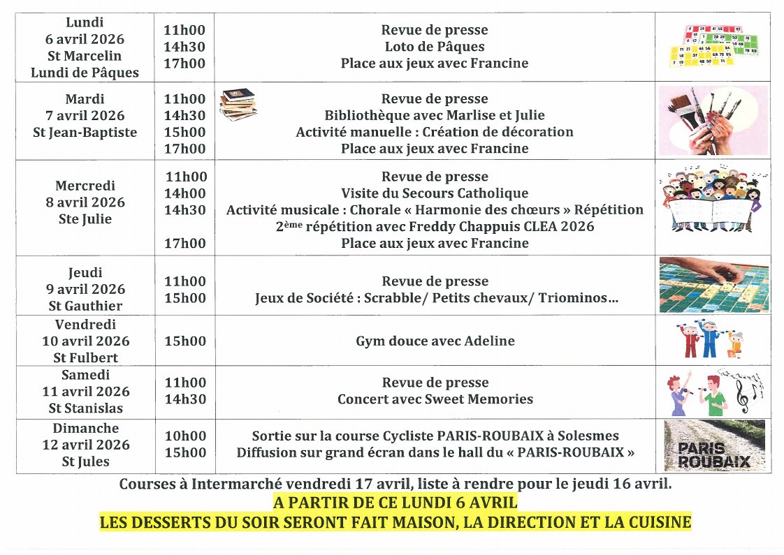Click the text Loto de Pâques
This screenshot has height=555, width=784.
(x=435, y=47)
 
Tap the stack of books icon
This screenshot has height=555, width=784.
(x=238, y=105)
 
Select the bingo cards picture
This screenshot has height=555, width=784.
(x=713, y=46)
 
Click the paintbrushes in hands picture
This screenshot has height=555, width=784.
(x=713, y=120)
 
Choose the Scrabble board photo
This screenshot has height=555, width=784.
(x=713, y=286)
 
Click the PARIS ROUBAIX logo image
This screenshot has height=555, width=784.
(x=713, y=445)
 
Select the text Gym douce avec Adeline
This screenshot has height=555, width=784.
(x=435, y=341)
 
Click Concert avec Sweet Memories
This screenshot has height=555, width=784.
(x=435, y=399)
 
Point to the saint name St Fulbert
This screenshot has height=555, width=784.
(x=85, y=358)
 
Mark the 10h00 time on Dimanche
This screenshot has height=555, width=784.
(x=184, y=436)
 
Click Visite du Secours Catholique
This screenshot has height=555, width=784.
(x=435, y=193)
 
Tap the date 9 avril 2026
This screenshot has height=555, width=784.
(x=85, y=289)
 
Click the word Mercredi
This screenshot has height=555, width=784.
(x=85, y=186)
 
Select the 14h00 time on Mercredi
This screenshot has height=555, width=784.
(x=184, y=193)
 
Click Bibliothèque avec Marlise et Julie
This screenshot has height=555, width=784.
(x=435, y=115)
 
